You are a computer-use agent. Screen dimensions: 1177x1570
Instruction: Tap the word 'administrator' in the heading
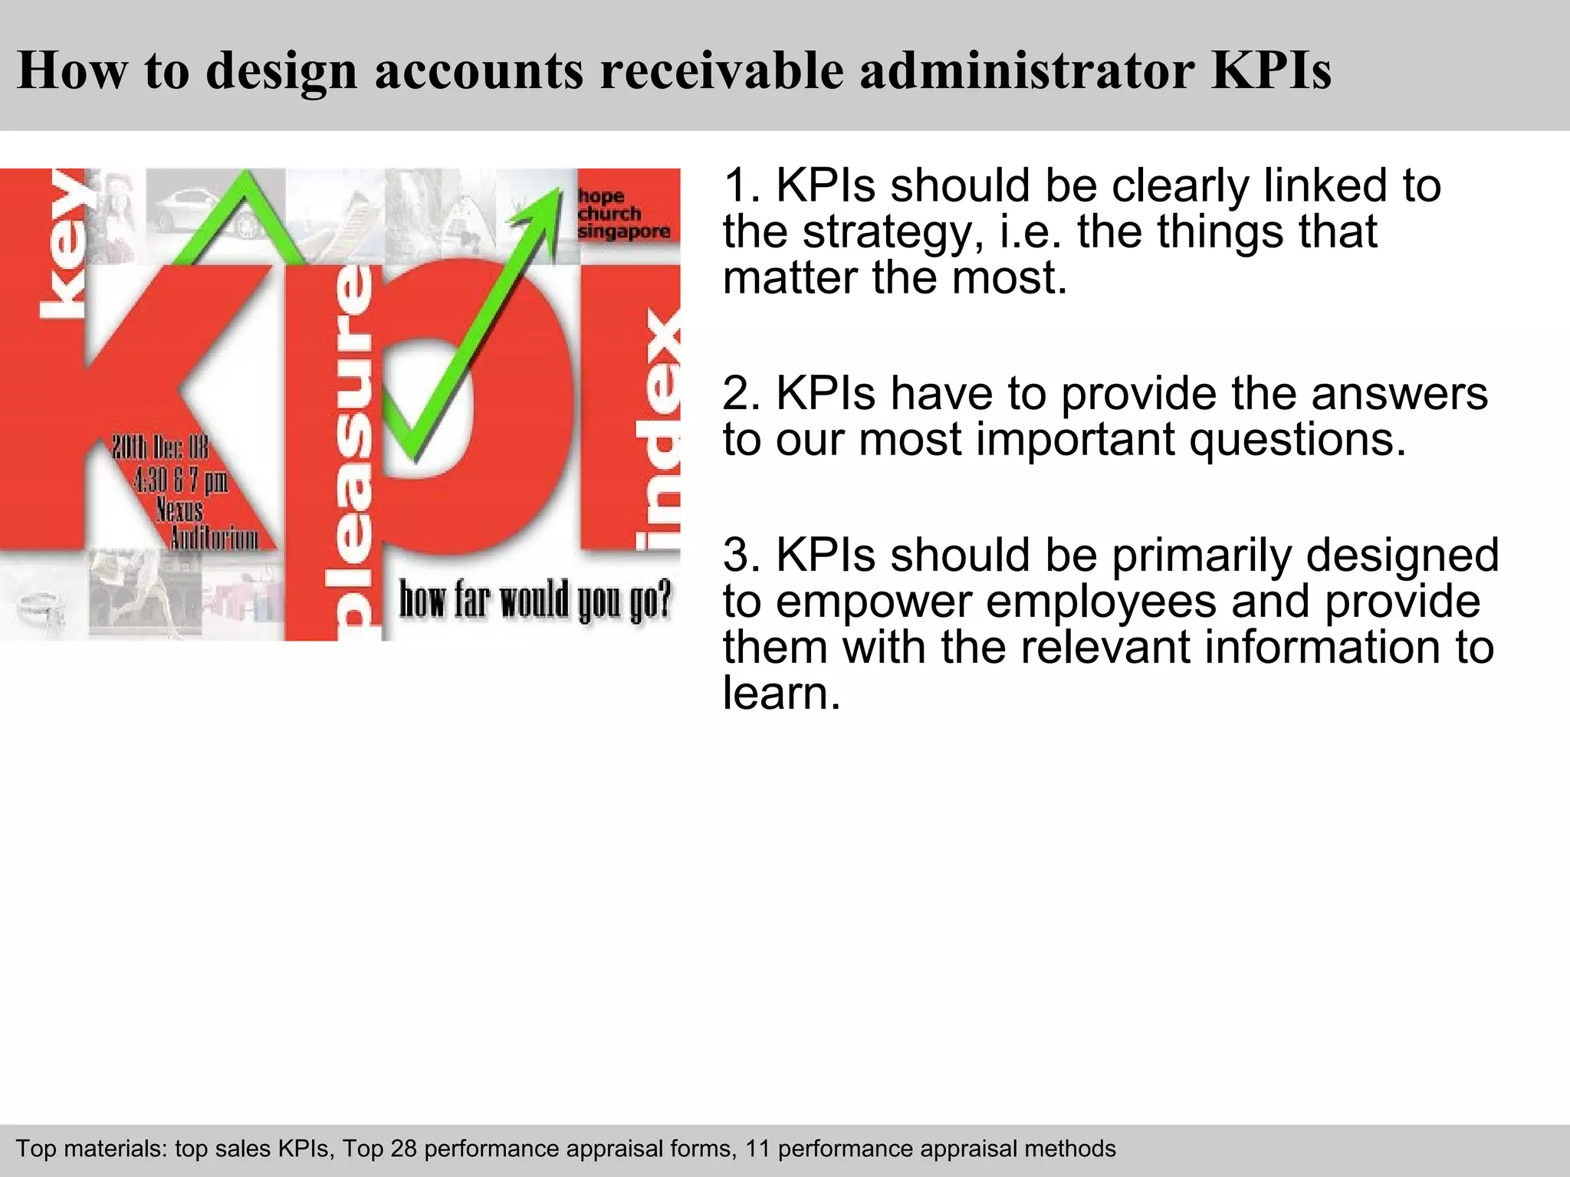1026,70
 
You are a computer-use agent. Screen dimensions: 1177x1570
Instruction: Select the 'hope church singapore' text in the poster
623,214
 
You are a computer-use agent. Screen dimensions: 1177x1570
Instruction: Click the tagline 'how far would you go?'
534,600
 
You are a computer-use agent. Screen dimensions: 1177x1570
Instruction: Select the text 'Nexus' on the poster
179,509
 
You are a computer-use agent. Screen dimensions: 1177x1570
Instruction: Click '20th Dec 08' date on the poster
160,448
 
